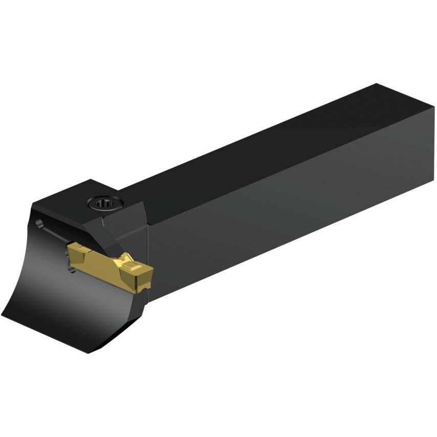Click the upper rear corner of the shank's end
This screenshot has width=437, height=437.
pos(377,84)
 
